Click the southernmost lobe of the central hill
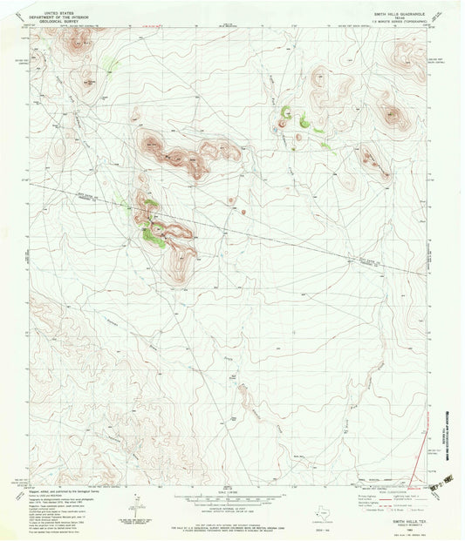tap(182, 270)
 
